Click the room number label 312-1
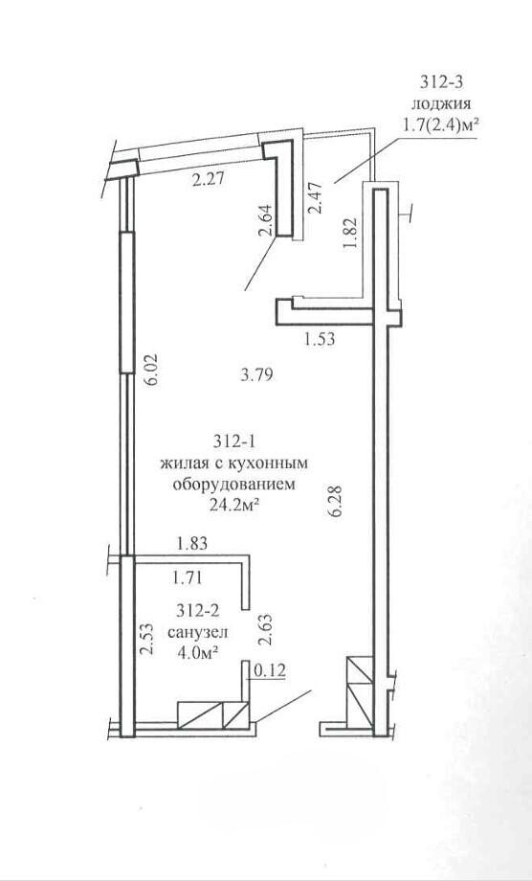[x=234, y=442]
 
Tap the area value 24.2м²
[x=234, y=507]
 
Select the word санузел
[x=197, y=632]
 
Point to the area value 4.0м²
[x=197, y=653]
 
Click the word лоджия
[x=442, y=104]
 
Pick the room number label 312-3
[x=442, y=82]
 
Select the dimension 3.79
[x=256, y=374]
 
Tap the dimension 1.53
[x=320, y=339]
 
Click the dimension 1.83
[x=192, y=543]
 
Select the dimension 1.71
[x=188, y=576]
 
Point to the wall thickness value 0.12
[x=270, y=669]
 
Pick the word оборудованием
[x=234, y=485]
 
